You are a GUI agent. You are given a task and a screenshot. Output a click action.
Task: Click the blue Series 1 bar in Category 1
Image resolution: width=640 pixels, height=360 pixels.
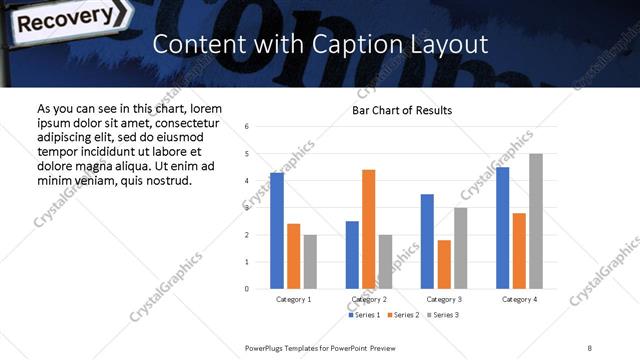(x=277, y=231)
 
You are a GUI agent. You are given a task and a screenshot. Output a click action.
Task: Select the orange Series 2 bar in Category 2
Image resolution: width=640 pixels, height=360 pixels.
(x=368, y=229)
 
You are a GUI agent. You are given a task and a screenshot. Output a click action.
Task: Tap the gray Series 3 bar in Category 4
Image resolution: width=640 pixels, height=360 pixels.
(x=536, y=221)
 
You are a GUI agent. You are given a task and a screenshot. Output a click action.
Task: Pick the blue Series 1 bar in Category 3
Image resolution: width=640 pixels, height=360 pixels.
(x=427, y=241)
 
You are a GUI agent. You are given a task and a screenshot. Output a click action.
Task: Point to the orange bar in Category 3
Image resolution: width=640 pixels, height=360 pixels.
(x=444, y=264)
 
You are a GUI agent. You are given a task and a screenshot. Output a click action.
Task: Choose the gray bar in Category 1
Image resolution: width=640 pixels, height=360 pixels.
(x=310, y=262)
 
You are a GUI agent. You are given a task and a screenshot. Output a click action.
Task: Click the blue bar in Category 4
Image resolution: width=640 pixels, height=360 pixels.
(x=503, y=228)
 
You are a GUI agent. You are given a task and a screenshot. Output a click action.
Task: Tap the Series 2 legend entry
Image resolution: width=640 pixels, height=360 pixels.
(x=401, y=315)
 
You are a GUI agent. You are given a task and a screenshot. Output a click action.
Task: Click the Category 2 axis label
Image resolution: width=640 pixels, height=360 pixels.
(x=368, y=299)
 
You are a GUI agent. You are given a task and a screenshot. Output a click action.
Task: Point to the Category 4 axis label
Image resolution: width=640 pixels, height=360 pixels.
(x=519, y=299)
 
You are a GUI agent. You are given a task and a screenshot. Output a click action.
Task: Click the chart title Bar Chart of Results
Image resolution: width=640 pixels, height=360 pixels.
(x=402, y=110)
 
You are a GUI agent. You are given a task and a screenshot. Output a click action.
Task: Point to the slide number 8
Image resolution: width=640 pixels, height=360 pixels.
(x=589, y=346)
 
